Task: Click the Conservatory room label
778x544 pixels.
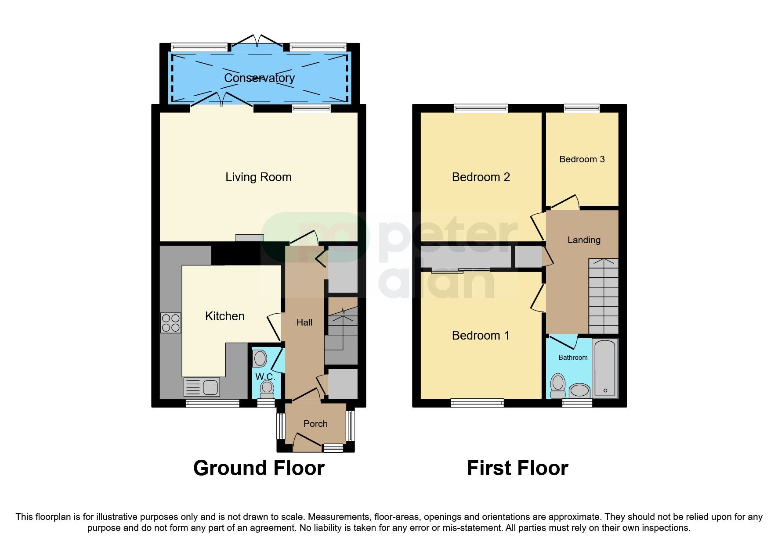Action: (x=259, y=78)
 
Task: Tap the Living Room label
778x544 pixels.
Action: (x=258, y=177)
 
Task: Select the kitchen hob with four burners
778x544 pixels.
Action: (x=170, y=323)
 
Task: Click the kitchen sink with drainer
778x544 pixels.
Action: (x=202, y=387)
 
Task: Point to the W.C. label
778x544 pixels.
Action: (x=265, y=377)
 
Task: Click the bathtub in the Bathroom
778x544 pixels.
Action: (x=605, y=368)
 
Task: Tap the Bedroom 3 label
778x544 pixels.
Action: (x=582, y=159)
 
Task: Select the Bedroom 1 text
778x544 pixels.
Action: (x=481, y=336)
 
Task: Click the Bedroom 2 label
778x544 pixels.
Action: (x=481, y=177)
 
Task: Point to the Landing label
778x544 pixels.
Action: (x=583, y=240)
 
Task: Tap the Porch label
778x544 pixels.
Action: (x=315, y=424)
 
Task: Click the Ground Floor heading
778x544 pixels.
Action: (x=259, y=468)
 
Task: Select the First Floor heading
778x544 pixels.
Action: (x=517, y=468)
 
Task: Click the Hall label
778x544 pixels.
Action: (x=304, y=322)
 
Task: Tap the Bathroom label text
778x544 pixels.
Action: (x=573, y=358)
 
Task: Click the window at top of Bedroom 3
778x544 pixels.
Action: (x=582, y=108)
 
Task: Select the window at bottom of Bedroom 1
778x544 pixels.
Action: (x=477, y=403)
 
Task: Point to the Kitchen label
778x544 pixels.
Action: (x=224, y=316)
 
